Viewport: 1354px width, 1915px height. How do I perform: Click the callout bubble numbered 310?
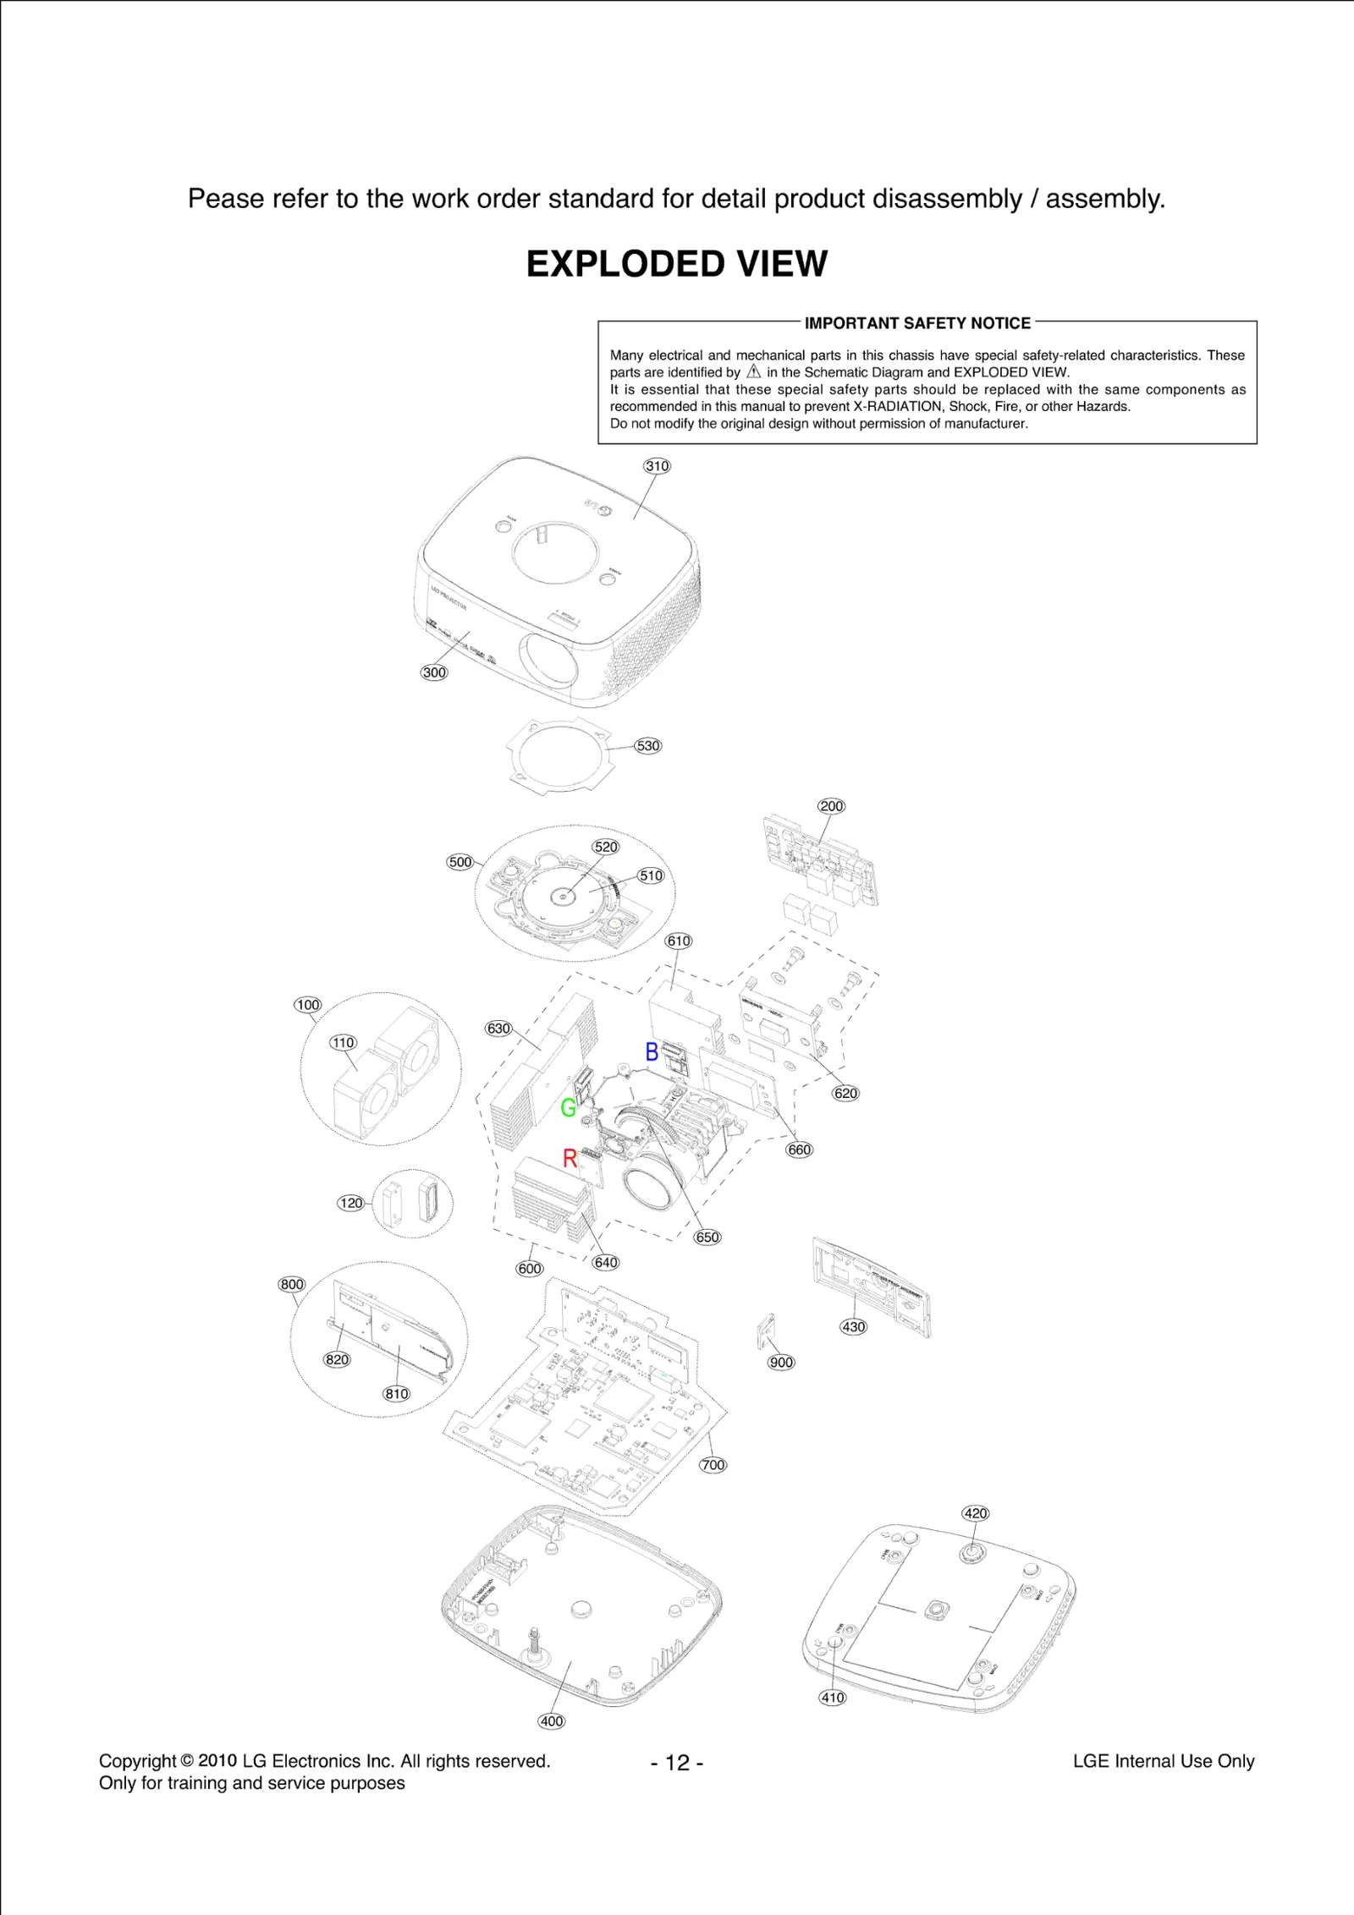coord(658,466)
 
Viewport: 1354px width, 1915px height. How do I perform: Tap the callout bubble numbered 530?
coord(648,746)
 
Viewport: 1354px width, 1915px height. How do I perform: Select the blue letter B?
coord(652,1051)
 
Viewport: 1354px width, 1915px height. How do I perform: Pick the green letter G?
coord(569,1107)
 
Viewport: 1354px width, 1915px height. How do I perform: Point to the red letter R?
coord(570,1158)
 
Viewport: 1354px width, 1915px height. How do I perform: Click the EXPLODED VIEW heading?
coord(676,264)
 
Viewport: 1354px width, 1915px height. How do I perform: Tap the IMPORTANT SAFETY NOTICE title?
coord(917,323)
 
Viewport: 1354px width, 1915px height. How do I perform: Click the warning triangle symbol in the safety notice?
coord(754,372)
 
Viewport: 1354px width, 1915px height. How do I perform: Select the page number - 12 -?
coord(677,1763)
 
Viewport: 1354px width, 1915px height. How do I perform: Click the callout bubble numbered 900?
coord(781,1363)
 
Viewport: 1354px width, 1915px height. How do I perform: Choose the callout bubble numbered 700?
coord(713,1465)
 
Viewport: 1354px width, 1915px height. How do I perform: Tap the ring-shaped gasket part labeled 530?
coord(554,754)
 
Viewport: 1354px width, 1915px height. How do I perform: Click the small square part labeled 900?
coord(767,1331)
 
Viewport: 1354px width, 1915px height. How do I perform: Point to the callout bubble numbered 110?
coord(343,1042)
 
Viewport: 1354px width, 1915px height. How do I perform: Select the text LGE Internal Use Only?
coord(1163,1761)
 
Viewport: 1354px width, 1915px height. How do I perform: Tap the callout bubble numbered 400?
coord(552,1721)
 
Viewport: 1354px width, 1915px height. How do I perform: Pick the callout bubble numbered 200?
coord(831,806)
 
